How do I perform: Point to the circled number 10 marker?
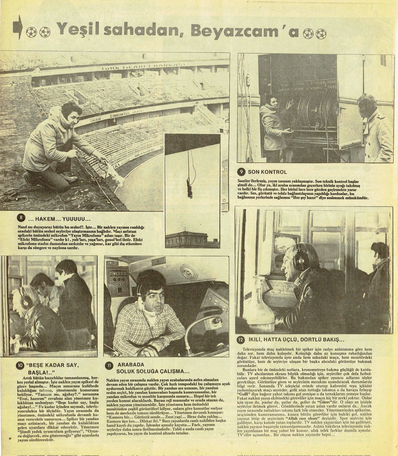coord(19,366)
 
